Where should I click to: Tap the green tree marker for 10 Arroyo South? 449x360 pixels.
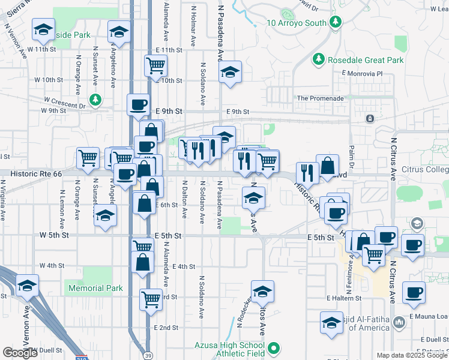tap(336, 22)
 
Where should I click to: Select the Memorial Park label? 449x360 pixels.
tap(95, 288)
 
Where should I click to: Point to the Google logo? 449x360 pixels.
tap(20, 353)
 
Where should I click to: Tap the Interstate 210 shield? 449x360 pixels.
tap(83, 357)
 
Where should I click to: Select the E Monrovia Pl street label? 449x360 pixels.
tap(362, 73)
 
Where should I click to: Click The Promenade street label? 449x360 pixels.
tap(321, 98)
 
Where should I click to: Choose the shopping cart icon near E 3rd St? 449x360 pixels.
tap(151, 298)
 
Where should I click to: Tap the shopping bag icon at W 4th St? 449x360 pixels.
tap(142, 262)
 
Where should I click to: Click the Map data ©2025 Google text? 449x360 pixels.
tap(412, 355)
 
